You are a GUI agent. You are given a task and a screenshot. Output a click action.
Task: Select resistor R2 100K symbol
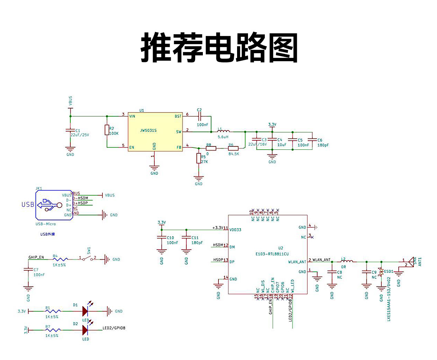point(107,130)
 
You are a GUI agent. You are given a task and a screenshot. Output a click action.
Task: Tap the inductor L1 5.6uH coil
point(223,131)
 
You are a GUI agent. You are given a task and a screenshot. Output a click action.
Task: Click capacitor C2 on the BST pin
point(199,116)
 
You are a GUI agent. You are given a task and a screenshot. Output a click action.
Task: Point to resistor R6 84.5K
point(233,148)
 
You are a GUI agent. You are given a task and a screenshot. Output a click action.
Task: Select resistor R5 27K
point(198,158)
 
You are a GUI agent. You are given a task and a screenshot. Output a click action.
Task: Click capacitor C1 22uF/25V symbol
point(70,130)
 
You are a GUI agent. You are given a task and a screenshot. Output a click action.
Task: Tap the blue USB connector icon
point(50,204)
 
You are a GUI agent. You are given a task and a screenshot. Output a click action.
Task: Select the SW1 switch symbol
point(87,259)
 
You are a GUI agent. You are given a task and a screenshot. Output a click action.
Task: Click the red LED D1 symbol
point(85,311)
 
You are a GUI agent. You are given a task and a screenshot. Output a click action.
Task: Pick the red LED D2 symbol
point(85,330)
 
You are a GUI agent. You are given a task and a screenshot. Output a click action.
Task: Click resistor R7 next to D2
point(54,330)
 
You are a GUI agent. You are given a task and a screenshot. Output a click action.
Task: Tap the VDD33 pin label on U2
point(235,230)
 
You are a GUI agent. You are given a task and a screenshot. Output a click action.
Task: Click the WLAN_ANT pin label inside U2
point(297,262)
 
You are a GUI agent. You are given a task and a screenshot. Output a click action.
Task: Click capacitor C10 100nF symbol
point(162,237)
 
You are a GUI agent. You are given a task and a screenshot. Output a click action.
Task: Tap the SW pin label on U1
point(178,132)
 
